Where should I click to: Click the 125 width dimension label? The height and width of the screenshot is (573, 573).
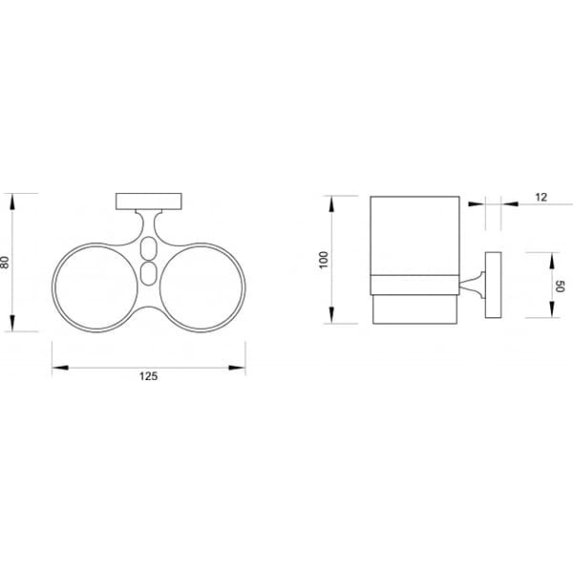click(148, 376)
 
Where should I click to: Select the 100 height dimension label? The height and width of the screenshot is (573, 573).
click(324, 260)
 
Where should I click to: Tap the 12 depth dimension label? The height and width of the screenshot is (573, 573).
click(541, 198)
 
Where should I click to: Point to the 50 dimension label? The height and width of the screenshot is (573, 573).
click(562, 286)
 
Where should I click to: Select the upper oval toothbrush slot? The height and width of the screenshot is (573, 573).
click(147, 250)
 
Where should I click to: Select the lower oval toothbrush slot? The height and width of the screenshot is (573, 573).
click(147, 275)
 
